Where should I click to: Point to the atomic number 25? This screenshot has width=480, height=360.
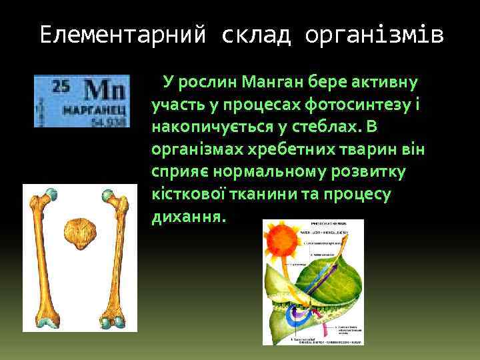(61, 85)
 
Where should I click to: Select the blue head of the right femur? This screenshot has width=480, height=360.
(109, 196)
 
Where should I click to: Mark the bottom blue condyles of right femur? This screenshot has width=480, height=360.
(111, 321)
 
